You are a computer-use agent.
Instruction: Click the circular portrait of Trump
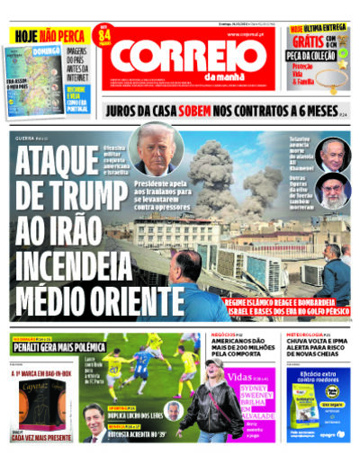(157, 149)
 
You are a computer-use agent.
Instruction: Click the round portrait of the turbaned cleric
(333, 190)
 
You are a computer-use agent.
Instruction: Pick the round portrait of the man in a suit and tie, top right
(333, 153)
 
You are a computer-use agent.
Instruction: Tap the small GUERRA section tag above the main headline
(27, 138)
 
